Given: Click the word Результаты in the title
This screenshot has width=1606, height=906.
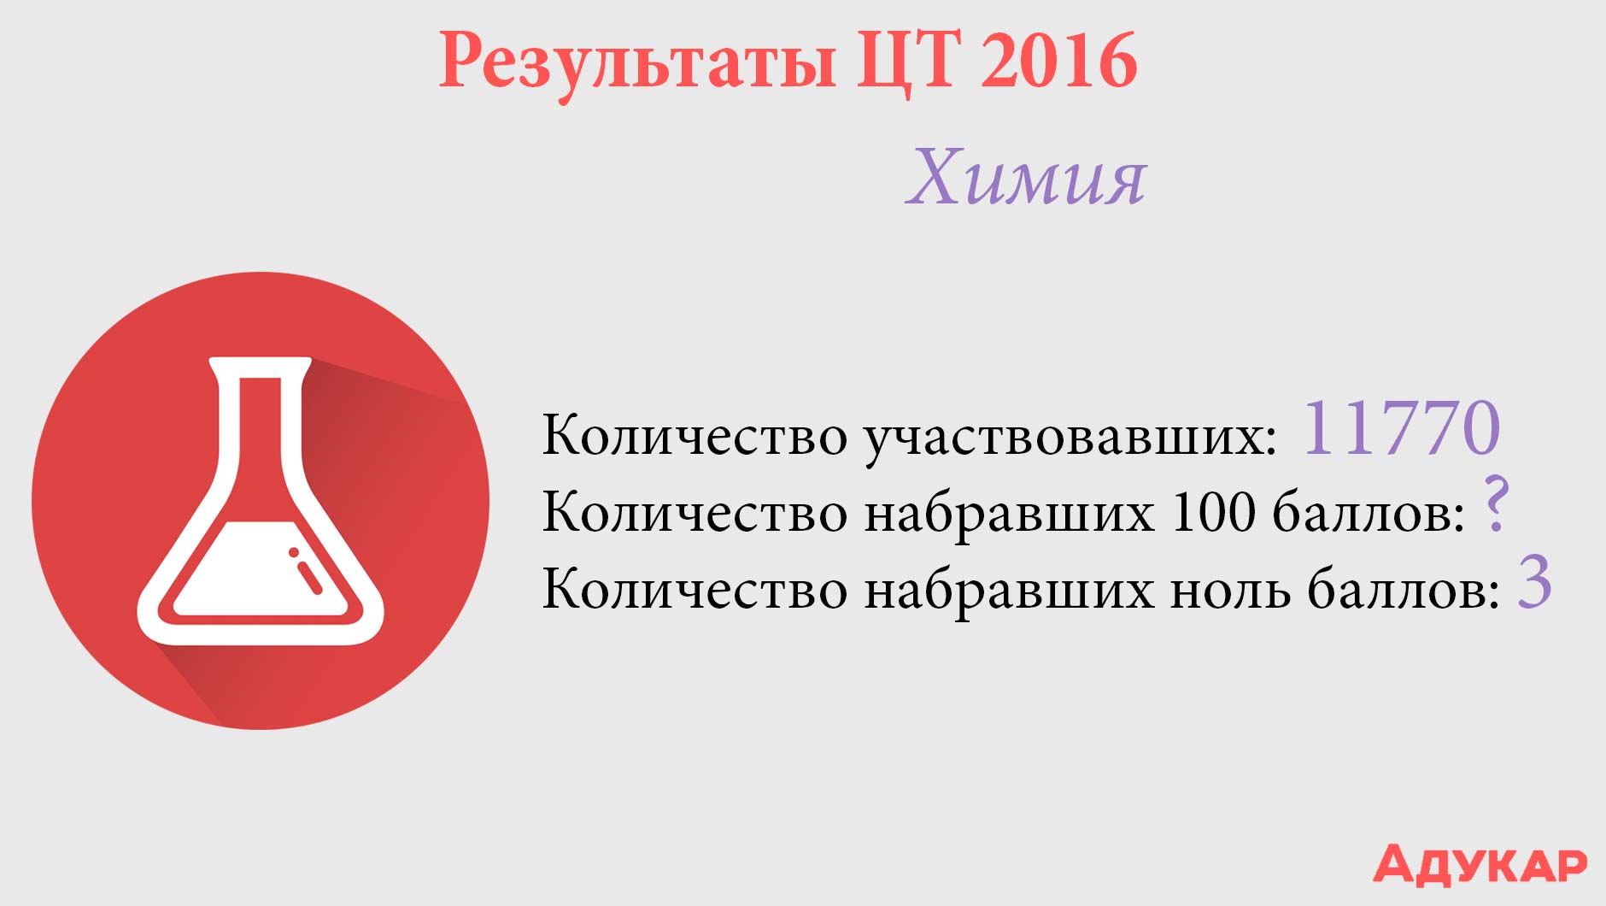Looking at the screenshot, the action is (638, 62).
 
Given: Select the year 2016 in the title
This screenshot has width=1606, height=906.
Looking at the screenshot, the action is (1058, 60).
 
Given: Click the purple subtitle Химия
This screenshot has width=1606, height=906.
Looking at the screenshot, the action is (1026, 178).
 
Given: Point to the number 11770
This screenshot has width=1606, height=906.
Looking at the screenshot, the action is (1401, 427).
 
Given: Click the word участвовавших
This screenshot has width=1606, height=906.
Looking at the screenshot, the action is (1070, 438).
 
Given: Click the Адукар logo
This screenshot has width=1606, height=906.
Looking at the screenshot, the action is (1480, 864).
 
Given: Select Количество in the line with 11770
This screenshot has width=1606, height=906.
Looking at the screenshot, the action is (695, 436).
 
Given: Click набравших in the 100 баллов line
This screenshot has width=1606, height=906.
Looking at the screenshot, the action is (1009, 515).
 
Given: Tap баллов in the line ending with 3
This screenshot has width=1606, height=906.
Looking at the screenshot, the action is (1404, 590).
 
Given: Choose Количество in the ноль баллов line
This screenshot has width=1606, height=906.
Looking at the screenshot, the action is (695, 590).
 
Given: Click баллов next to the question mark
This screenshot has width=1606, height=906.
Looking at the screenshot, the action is (1369, 513).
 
